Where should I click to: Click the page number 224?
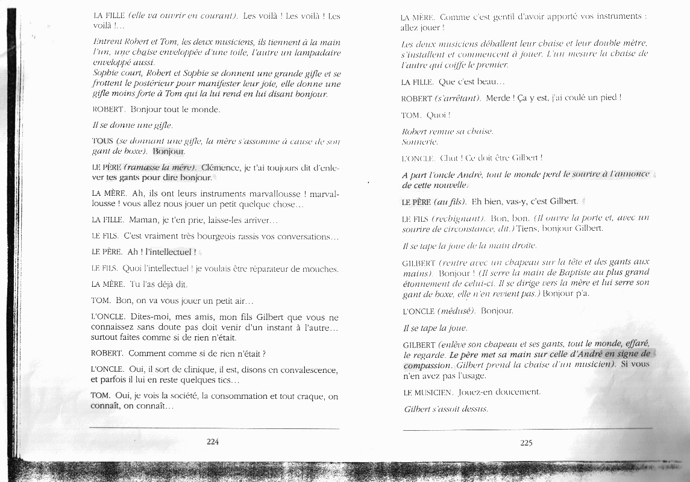[x=212, y=442]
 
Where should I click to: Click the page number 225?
[x=526, y=443]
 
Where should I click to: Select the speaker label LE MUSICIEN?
[x=428, y=393]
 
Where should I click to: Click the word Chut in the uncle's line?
[x=449, y=158]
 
